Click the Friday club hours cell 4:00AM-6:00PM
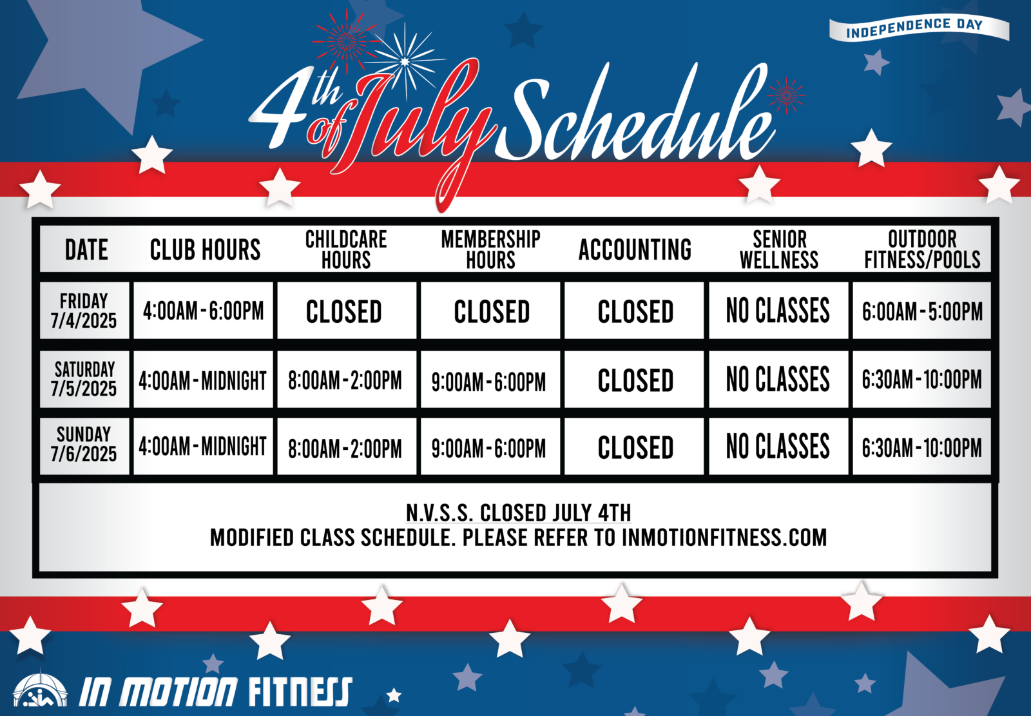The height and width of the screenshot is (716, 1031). pyautogui.click(x=203, y=311)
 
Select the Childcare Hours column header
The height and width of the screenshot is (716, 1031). pyautogui.click(x=346, y=249)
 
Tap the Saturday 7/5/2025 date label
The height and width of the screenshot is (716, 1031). pyautogui.click(x=84, y=379)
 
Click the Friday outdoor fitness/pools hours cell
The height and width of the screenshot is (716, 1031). pyautogui.click(x=921, y=311)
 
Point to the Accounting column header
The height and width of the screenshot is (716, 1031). pyautogui.click(x=635, y=249)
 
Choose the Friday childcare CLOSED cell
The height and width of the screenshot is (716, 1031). pyautogui.click(x=346, y=311)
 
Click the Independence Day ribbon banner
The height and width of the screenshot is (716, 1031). pyautogui.click(x=918, y=28)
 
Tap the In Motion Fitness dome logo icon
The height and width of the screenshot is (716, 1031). pyautogui.click(x=40, y=690)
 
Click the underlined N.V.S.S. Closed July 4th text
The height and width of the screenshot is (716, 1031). pyautogui.click(x=518, y=512)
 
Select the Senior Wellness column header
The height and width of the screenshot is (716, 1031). pyautogui.click(x=779, y=249)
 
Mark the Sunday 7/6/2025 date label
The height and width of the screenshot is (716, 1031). pyautogui.click(x=84, y=444)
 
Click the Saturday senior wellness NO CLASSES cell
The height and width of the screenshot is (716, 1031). pyautogui.click(x=778, y=379)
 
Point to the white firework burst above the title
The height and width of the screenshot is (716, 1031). pyautogui.click(x=405, y=61)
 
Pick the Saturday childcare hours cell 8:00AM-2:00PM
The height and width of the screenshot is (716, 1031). pyautogui.click(x=346, y=379)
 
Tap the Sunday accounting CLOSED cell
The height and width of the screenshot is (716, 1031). pyautogui.click(x=634, y=447)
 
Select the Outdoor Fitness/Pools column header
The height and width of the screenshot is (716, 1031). pyautogui.click(x=922, y=249)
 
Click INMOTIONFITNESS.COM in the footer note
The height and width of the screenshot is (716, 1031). pyautogui.click(x=724, y=537)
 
